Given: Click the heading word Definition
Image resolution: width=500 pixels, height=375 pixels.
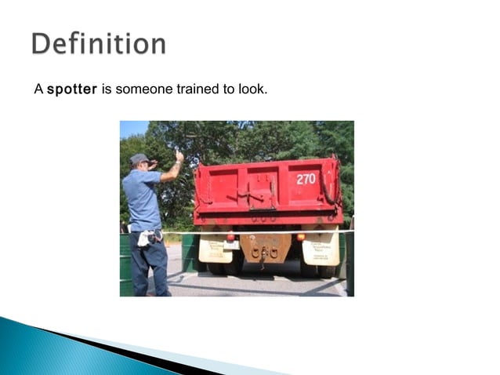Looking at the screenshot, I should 99,43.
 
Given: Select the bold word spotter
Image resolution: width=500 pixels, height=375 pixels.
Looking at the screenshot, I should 71,89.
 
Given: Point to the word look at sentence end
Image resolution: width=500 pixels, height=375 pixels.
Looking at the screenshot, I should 255,89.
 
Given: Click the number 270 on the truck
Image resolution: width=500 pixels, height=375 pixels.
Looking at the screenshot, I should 306,179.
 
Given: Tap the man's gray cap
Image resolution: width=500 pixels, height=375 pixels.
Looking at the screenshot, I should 139,158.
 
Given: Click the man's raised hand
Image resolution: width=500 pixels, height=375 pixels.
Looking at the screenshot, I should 179,156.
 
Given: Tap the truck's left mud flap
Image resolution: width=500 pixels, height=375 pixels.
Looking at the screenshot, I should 214,250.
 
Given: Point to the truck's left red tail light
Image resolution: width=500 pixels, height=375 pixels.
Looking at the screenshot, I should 230,236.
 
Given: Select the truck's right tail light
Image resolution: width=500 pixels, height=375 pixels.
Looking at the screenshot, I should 300,237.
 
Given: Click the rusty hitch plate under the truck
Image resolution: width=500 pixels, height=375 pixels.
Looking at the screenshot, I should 266,249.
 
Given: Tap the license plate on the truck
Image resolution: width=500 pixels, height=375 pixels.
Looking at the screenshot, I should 232,245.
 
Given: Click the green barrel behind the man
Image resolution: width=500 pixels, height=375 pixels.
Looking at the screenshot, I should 125,263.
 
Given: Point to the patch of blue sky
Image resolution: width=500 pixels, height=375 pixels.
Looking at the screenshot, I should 132,129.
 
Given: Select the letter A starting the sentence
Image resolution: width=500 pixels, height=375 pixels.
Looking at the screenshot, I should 38,89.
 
